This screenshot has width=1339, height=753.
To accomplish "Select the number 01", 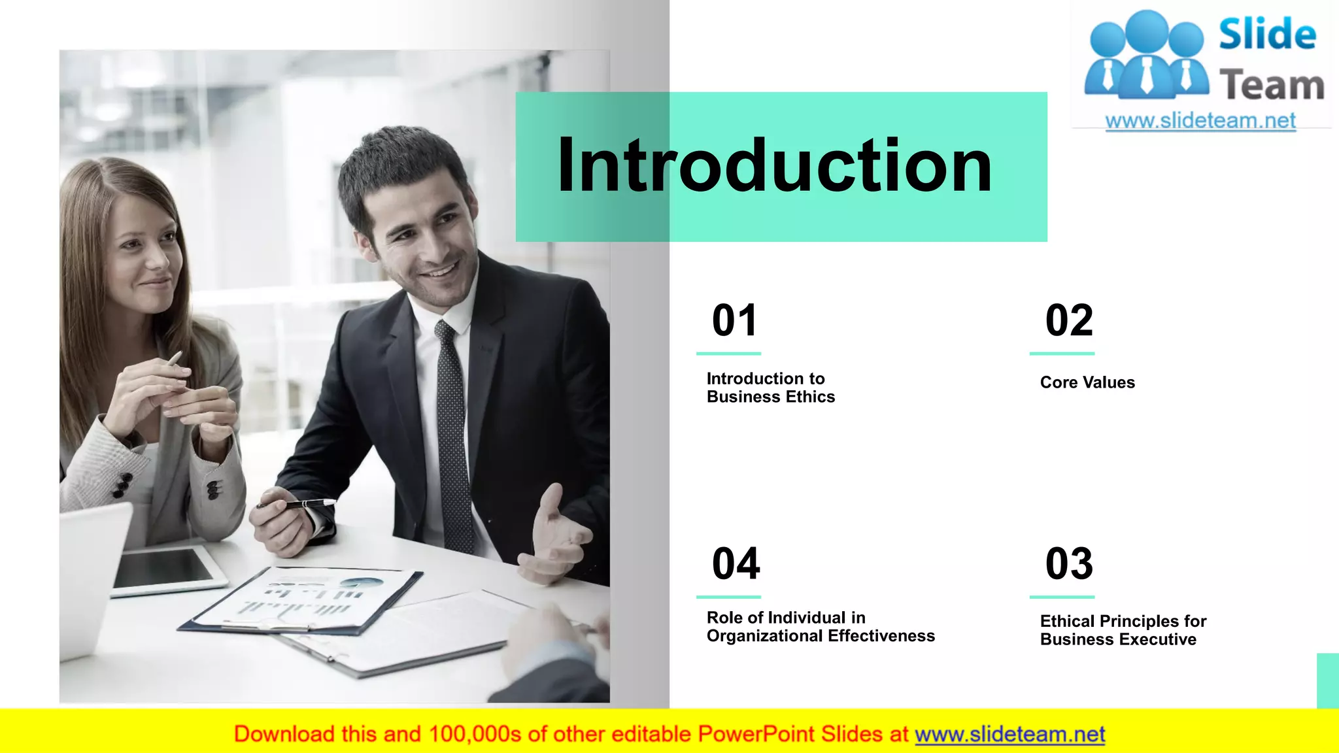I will pos(735,320).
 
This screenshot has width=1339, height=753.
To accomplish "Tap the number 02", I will pos(1069,320).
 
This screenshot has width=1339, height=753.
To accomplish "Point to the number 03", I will pos(1069,563).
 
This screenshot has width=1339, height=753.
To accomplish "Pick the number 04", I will pos(736,563).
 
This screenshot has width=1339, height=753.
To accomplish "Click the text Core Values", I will pos(1087,382).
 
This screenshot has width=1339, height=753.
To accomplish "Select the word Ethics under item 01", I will pos(810,397).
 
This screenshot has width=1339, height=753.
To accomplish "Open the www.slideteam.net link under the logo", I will pos(1200,121).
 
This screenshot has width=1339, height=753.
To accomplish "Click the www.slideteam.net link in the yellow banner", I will pos(1009,734).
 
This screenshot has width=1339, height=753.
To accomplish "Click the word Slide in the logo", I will pos(1267,34).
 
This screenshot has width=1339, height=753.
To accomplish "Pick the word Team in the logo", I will pos(1271,86).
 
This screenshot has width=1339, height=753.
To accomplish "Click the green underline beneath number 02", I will pos(1062,354).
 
